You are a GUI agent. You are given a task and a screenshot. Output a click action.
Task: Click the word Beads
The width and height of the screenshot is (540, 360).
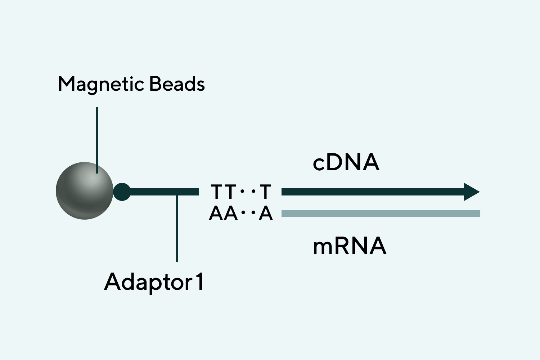pyautogui.click(x=177, y=84)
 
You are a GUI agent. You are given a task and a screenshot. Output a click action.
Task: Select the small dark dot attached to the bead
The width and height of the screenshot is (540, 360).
pyautogui.click(x=122, y=192)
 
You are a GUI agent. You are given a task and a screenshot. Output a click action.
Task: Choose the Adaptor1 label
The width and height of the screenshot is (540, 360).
pyautogui.click(x=154, y=282)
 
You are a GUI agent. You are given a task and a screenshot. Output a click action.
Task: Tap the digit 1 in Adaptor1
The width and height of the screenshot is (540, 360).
pyautogui.click(x=199, y=282)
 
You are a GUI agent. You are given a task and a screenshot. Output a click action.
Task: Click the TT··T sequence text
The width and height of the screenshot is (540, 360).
pyautogui.click(x=240, y=192)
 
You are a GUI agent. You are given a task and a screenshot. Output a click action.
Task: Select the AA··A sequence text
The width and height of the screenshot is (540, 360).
pyautogui.click(x=240, y=213)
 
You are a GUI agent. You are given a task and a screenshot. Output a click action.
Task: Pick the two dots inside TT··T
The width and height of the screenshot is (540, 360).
pyautogui.click(x=248, y=192)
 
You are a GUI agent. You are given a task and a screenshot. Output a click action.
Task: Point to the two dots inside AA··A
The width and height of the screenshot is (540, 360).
pyautogui.click(x=248, y=213)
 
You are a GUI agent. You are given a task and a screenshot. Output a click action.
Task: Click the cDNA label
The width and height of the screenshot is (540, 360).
pyautogui.click(x=346, y=162)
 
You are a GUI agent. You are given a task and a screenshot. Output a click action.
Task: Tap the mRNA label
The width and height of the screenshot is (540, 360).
pyautogui.click(x=350, y=246)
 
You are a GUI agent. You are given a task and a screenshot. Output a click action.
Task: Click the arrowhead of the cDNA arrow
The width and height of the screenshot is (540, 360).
pyautogui.click(x=471, y=192)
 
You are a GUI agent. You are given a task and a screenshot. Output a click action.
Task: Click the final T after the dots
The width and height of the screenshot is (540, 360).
pyautogui.click(x=265, y=192)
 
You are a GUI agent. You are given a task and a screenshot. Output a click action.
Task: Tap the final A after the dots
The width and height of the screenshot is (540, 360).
pyautogui.click(x=266, y=213)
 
